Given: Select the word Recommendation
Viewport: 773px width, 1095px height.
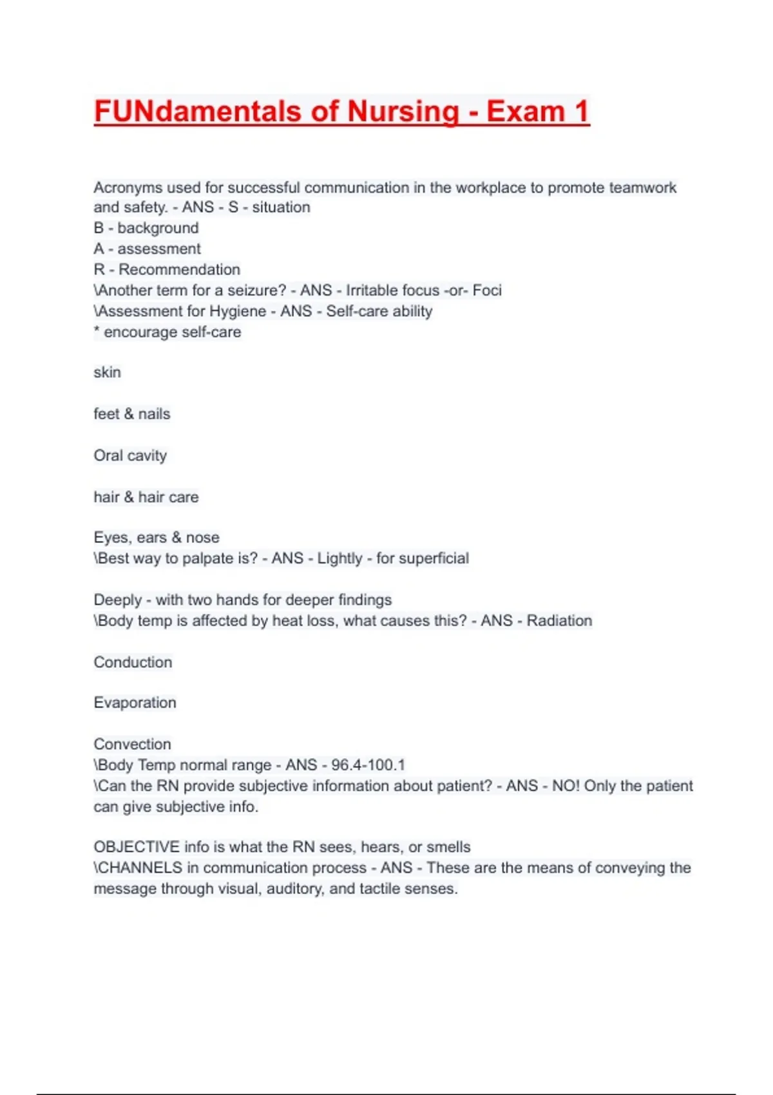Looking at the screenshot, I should (x=179, y=269).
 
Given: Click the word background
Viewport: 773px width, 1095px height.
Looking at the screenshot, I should (x=158, y=228).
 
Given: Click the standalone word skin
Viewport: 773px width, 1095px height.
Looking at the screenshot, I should (x=107, y=372).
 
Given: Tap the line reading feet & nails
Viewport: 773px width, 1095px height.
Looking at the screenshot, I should (x=132, y=414).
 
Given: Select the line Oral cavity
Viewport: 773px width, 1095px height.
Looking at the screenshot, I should (x=130, y=456).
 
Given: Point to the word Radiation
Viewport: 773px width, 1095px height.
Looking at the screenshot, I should (x=559, y=621).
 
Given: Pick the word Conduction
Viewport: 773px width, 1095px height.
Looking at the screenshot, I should (x=133, y=662).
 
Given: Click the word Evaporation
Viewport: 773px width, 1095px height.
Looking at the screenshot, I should (x=135, y=703).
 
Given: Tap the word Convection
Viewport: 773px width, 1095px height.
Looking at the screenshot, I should (x=132, y=744).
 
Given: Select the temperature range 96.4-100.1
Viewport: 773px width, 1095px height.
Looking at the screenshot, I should (x=368, y=765).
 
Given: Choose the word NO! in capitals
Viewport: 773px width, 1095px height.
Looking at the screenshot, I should (x=566, y=786).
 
